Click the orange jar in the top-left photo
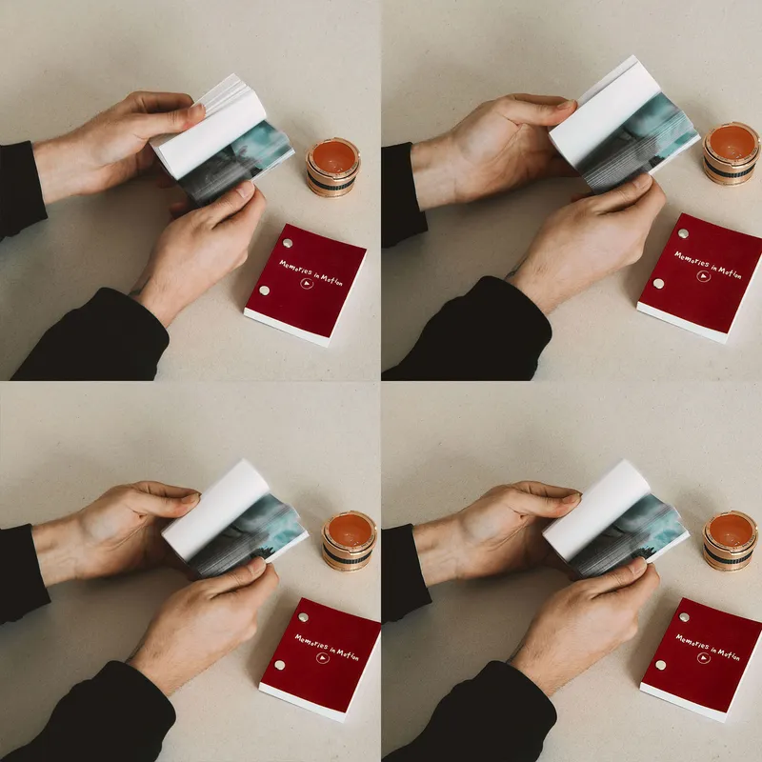coord(332,166)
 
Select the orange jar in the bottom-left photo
coord(349,540)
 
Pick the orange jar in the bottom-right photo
coord(730,539)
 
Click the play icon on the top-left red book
coord(306,283)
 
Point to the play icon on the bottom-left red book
coord(322,657)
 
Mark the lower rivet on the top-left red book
coord(264,290)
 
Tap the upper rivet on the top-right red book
coord(683,232)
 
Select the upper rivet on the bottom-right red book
coord(683,616)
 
